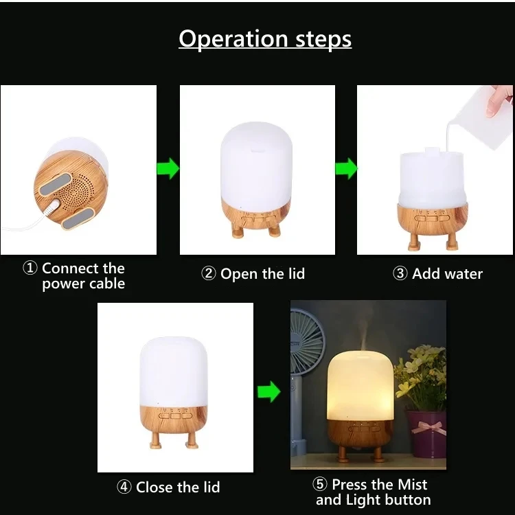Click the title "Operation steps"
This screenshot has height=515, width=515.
(265, 39)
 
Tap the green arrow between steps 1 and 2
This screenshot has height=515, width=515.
(168, 168)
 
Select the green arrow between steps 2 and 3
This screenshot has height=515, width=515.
(346, 168)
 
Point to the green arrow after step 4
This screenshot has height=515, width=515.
(269, 391)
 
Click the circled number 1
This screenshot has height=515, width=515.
(30, 268)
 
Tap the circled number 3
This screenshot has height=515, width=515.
(400, 273)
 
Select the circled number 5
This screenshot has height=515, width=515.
(319, 484)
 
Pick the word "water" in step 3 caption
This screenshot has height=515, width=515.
(463, 274)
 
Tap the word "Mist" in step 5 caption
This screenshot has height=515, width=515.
(412, 485)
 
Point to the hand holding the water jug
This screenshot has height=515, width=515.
(500, 100)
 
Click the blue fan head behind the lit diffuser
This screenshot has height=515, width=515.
(306, 341)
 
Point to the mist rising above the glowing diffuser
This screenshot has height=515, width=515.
(363, 335)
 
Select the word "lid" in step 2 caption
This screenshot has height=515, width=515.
(297, 273)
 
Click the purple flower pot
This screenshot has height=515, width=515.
(427, 433)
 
